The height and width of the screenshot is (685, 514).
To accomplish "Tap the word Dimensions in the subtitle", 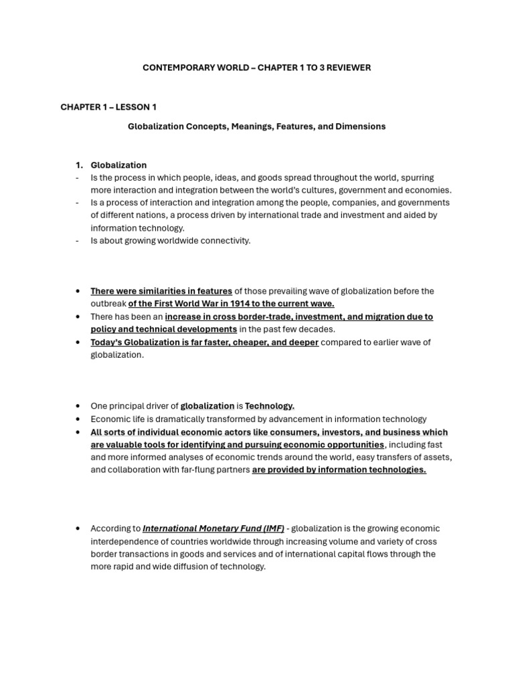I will coord(362,126).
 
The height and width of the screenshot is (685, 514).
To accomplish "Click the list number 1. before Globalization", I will coord(79,165).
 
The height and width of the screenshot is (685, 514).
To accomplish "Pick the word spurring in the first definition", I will coord(416,178).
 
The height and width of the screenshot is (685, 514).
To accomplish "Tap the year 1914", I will coord(232,304).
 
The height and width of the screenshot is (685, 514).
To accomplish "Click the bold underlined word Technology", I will coord(270,406).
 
